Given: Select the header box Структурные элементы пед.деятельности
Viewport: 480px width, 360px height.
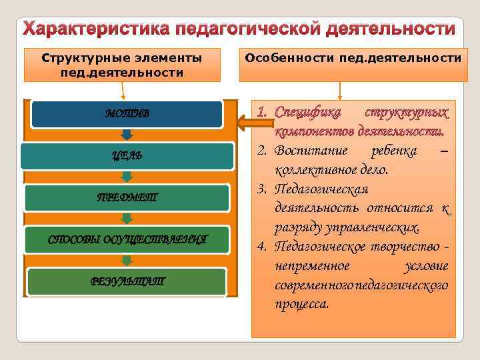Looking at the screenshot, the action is (x=122, y=64).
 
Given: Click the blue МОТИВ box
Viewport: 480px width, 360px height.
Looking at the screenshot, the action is (x=127, y=114).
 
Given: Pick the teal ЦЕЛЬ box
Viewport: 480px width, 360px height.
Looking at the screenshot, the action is (x=127, y=155).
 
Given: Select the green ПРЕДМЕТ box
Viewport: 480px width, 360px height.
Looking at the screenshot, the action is (x=127, y=197).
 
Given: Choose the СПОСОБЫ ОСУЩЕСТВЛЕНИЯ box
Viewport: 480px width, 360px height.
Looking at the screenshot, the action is (x=127, y=239).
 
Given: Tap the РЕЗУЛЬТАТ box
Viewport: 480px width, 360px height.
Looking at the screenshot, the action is (x=127, y=281).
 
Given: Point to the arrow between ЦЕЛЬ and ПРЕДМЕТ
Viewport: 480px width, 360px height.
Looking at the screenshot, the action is (x=127, y=177).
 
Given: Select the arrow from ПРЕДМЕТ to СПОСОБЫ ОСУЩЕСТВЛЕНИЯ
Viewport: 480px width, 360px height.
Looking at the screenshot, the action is (x=127, y=219).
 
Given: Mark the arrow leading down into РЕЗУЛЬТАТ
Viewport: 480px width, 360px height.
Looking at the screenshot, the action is (x=127, y=261).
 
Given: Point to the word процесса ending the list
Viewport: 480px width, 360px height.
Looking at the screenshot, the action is (x=301, y=305).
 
